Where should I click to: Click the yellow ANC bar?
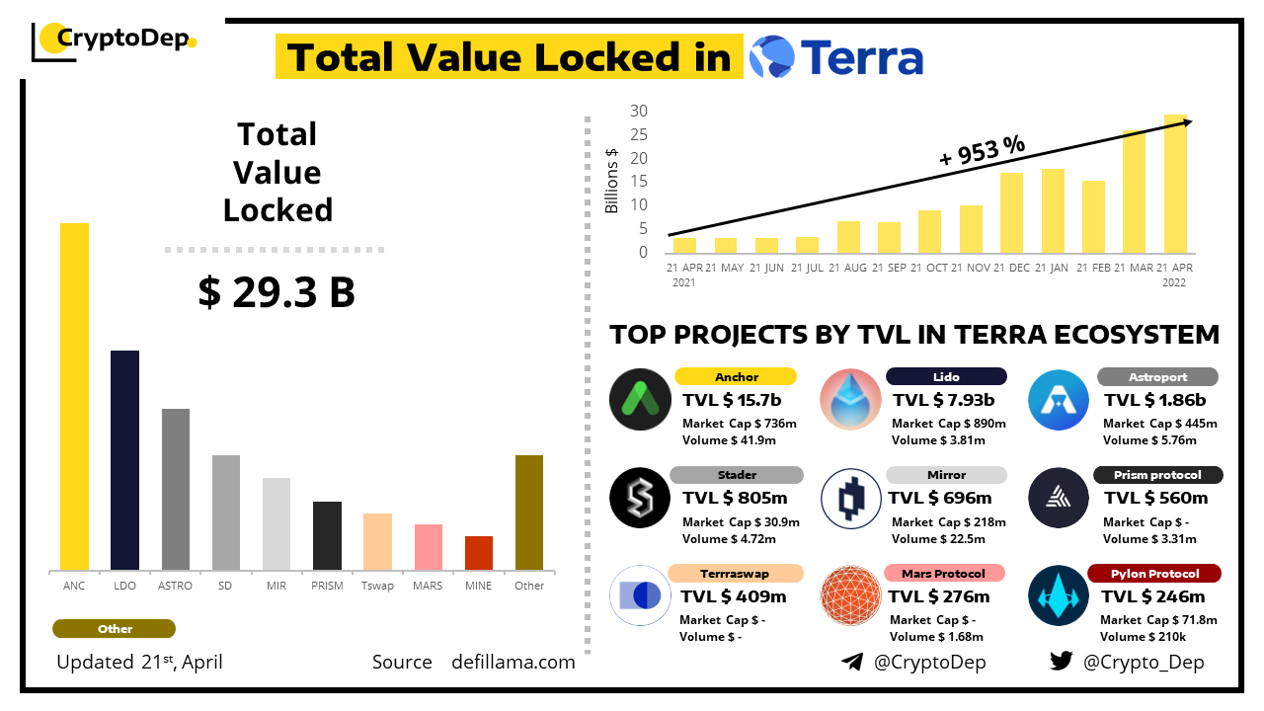tap(74, 396)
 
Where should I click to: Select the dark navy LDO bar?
tap(124, 460)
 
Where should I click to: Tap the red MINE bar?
tap(478, 553)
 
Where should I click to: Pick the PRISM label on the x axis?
tap(327, 586)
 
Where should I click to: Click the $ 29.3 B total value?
tap(276, 292)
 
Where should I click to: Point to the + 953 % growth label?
tap(982, 150)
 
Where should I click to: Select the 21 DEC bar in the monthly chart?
tap(1011, 212)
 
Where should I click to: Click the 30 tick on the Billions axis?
tap(639, 111)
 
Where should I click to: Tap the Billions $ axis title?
tap(611, 180)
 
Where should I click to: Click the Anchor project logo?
tap(641, 399)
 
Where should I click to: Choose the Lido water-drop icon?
tap(851, 399)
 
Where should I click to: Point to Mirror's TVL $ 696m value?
tap(940, 498)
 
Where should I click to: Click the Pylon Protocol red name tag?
tap(1153, 574)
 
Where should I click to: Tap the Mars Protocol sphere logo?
tap(851, 595)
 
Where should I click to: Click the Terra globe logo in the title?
tap(771, 56)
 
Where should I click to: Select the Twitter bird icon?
tap(1061, 662)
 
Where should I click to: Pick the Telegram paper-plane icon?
tap(852, 662)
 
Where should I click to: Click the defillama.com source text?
tap(513, 662)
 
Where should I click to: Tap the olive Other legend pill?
tap(115, 629)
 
